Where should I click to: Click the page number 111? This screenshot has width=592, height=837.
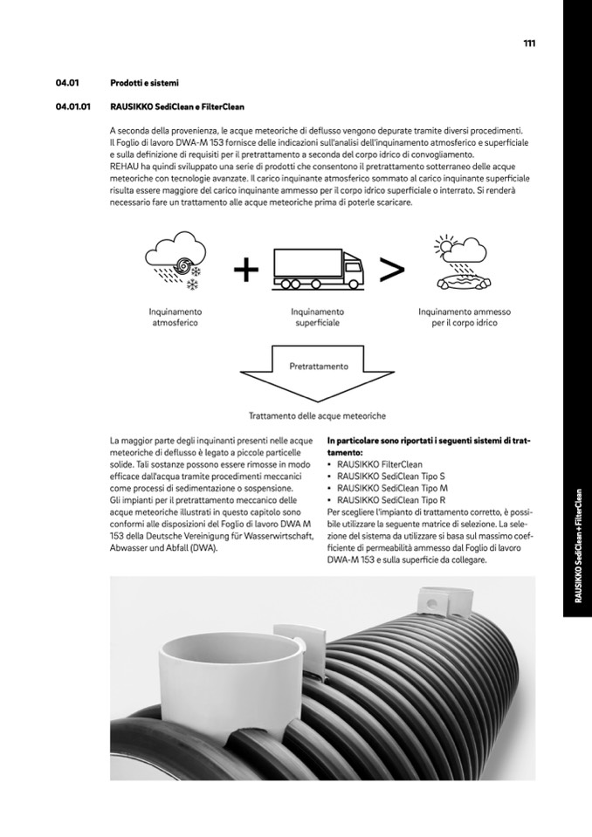529,44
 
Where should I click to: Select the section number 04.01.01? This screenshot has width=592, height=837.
73,108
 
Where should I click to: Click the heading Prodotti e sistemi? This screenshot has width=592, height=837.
144,84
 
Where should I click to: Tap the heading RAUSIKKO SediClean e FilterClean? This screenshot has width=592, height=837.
177,108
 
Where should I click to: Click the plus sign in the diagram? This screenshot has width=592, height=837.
246,271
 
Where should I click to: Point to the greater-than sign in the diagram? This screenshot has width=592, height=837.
392,271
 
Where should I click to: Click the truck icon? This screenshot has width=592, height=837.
317,267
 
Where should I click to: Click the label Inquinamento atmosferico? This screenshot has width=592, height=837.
175,317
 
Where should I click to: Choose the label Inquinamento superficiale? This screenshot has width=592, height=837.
317,317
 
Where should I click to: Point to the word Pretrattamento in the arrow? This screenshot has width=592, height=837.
318,367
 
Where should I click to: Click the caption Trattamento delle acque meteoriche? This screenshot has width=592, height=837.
317,416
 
